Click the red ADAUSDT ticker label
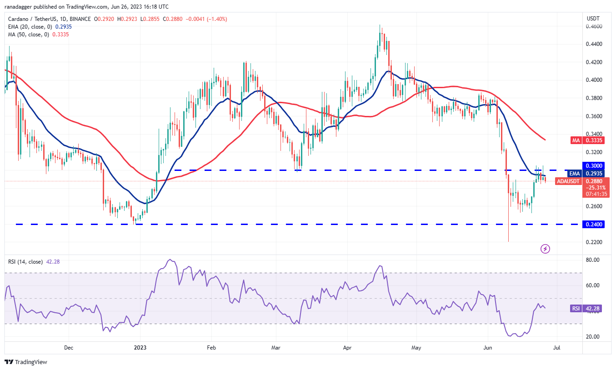tap(568, 181)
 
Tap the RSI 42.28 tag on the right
tap(587, 309)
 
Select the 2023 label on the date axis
tap(140, 348)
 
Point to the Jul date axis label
tap(556, 348)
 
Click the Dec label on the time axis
tap(69, 348)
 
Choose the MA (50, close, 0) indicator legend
tap(27, 35)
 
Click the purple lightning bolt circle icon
tap(546, 249)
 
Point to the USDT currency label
tap(594, 18)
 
